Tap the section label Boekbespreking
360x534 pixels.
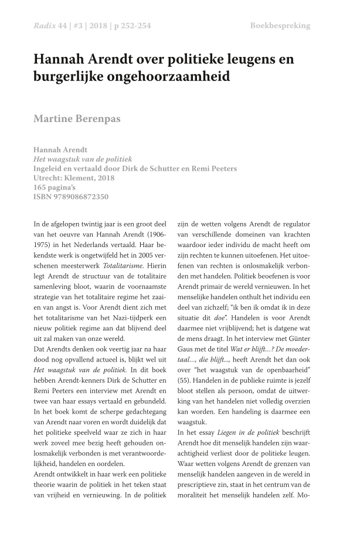(x=280, y=26)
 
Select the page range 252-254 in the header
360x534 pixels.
(x=133, y=26)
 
